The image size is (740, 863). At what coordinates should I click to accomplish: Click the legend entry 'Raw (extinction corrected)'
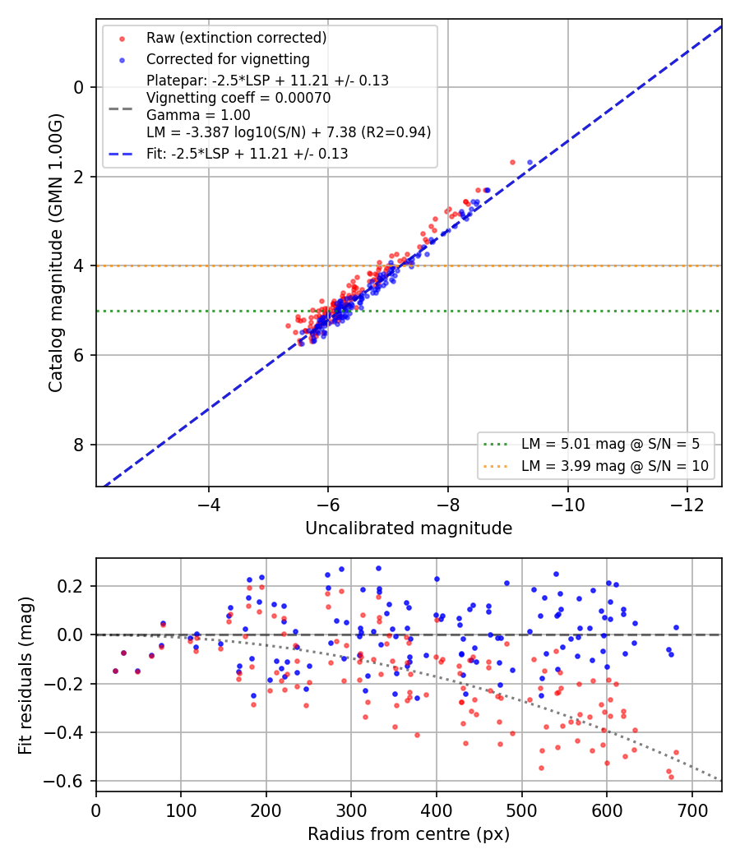(236, 38)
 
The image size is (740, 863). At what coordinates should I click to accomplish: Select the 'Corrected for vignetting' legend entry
(228, 59)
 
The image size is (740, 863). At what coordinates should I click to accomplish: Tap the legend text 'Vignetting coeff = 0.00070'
(238, 98)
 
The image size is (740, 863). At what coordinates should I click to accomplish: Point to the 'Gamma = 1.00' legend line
(198, 115)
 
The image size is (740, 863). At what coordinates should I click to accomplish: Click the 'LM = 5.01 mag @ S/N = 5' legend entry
(611, 444)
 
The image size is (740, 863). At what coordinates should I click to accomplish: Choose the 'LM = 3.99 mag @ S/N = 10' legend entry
(615, 466)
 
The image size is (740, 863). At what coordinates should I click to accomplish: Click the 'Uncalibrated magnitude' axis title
(409, 528)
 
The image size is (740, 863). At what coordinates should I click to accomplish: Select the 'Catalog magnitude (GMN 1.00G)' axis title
(56, 253)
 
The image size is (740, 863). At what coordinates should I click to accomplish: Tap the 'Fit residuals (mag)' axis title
(25, 676)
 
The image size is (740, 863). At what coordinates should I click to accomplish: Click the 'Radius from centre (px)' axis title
(409, 834)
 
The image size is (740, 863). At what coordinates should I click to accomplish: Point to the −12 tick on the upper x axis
(687, 505)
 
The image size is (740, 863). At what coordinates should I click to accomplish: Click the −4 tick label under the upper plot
(209, 505)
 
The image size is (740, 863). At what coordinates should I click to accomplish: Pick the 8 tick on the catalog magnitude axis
(79, 445)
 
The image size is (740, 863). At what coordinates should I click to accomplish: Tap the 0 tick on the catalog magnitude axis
(79, 87)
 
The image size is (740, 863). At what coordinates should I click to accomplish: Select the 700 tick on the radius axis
(691, 810)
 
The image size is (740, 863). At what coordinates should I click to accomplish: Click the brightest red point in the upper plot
(512, 163)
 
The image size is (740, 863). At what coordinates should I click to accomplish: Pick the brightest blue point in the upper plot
(530, 163)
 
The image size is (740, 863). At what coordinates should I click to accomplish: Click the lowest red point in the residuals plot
(671, 778)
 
